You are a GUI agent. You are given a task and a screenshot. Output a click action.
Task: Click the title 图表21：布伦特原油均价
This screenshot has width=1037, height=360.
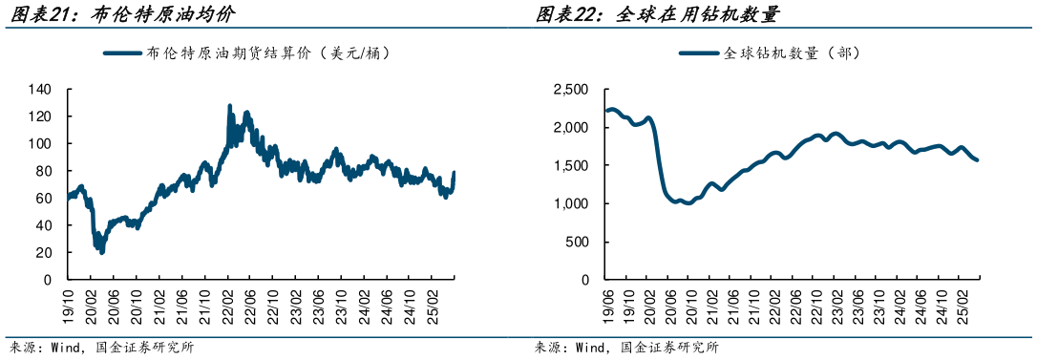(118, 14)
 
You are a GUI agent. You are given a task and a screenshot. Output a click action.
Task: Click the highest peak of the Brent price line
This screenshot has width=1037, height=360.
(229, 106)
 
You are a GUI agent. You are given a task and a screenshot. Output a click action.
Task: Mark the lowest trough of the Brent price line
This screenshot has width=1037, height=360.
(102, 252)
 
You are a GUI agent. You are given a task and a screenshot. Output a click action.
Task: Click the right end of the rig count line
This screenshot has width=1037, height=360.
(977, 159)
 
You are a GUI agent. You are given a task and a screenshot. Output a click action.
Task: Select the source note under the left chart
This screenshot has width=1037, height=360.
(100, 348)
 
